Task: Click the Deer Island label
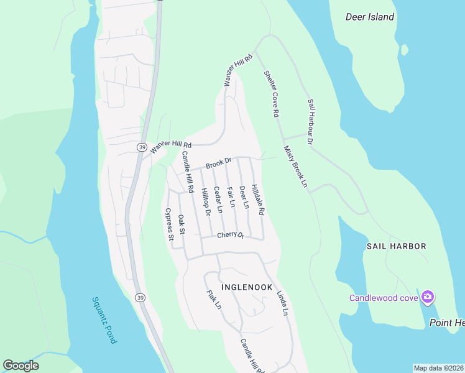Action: [370, 17]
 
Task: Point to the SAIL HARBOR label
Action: [396, 246]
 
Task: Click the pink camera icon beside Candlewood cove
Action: [427, 297]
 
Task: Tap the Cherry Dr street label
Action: [231, 235]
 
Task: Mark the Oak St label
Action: [182, 224]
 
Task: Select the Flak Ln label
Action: [213, 298]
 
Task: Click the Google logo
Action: [21, 366]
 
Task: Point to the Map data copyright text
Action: [438, 368]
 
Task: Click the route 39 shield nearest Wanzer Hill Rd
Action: [142, 147]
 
